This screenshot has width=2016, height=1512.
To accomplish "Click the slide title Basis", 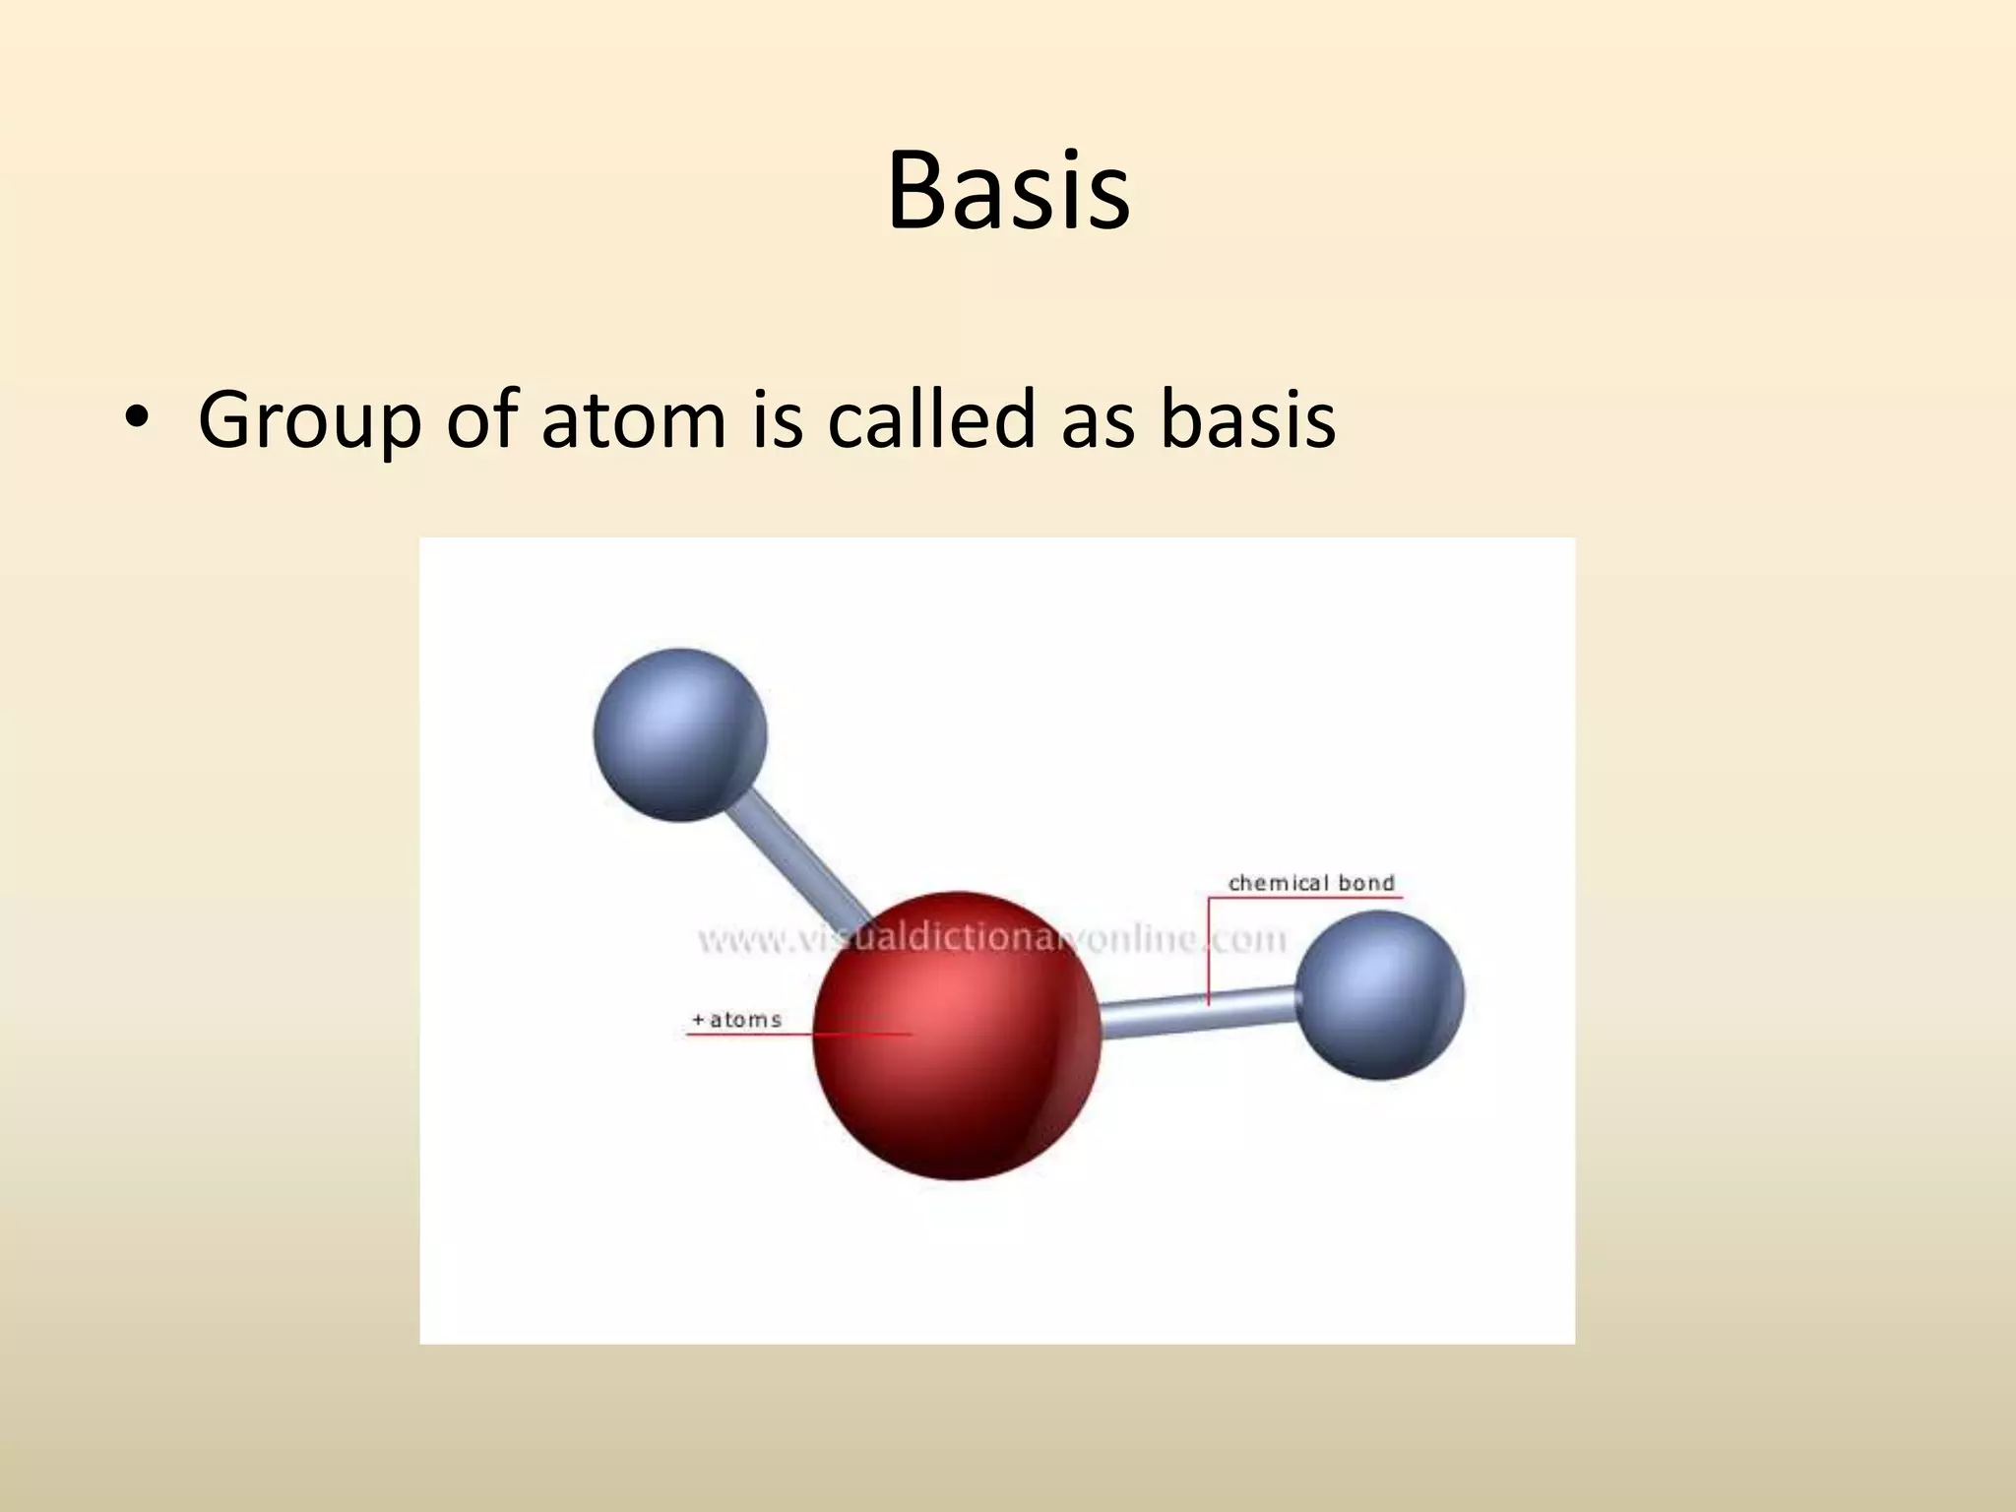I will coord(1008,192).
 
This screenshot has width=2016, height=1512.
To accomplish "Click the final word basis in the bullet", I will coord(1247,419).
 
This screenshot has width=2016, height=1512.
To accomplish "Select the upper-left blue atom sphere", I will coord(679,734).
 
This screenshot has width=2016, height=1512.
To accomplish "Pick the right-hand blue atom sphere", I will coord(1380,994).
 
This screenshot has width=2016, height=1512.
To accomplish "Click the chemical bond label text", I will coord(1311,883).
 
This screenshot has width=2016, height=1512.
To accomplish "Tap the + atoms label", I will coord(736,1020).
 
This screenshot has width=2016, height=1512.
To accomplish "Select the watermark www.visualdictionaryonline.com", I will coord(992,939).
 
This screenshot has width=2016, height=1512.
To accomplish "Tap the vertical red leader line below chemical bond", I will coord(1208,950).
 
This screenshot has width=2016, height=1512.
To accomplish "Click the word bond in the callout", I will coord(1366,883).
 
